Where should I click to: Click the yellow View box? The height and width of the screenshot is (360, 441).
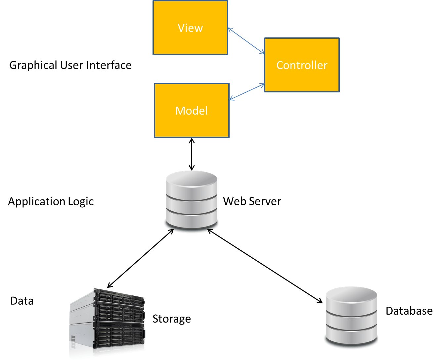pyautogui.click(x=190, y=28)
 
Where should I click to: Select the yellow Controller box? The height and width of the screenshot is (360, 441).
pyautogui.click(x=302, y=65)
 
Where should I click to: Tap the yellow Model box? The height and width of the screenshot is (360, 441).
pyautogui.click(x=192, y=110)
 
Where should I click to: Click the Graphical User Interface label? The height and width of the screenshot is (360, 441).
pyautogui.click(x=70, y=65)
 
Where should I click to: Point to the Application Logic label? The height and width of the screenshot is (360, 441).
pyautogui.click(x=51, y=201)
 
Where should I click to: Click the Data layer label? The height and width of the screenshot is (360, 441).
pyautogui.click(x=22, y=301)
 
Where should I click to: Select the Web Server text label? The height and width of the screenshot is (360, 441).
pyautogui.click(x=252, y=201)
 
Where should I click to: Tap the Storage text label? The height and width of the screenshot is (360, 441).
pyautogui.click(x=171, y=319)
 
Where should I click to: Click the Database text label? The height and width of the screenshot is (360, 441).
pyautogui.click(x=409, y=311)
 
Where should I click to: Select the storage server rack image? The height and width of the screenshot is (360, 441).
pyautogui.click(x=108, y=323)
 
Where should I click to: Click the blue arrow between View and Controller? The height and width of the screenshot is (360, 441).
pyautogui.click(x=246, y=41)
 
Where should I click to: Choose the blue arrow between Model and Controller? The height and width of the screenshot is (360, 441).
pyautogui.click(x=247, y=92)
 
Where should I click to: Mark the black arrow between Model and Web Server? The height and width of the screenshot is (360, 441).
pyautogui.click(x=192, y=154)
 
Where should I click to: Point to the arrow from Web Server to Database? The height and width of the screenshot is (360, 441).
pyautogui.click(x=265, y=266)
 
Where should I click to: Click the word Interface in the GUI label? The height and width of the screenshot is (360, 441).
pyautogui.click(x=109, y=65)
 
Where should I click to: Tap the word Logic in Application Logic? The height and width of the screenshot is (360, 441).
pyautogui.click(x=81, y=201)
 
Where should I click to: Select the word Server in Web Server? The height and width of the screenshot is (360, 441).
pyautogui.click(x=265, y=201)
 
